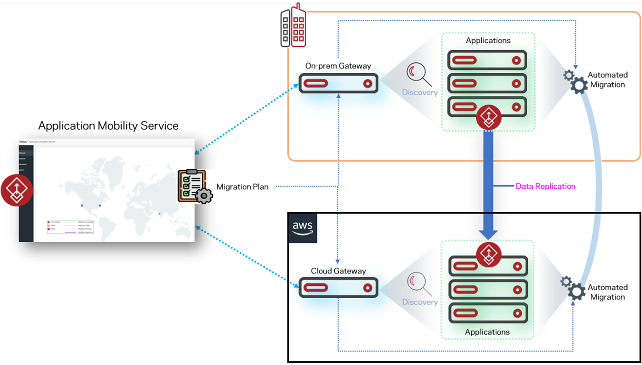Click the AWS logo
coord(303,228)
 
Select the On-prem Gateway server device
coord(339,84)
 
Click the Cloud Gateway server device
coord(339,287)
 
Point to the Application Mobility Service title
coord(108,126)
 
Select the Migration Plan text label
coord(242,187)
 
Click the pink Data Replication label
coord(545,186)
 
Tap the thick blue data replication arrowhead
coord(488,232)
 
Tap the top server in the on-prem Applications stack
coord(487,60)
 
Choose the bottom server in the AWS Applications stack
coord(487,313)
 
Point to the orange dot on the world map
coord(159,214)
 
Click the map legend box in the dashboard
coord(70,227)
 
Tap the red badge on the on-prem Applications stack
coord(488,117)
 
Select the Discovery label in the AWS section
coord(420,302)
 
